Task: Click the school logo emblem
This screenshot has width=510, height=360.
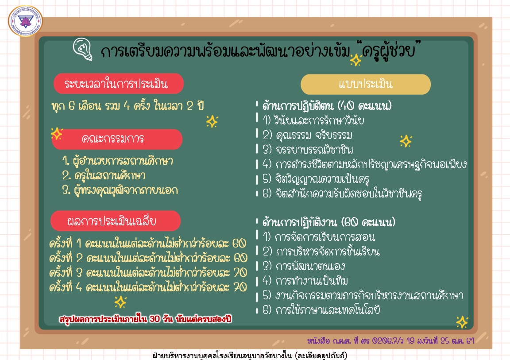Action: click(25, 21)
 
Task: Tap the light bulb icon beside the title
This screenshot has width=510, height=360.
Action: click(83, 49)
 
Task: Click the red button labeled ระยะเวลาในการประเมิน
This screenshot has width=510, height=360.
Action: click(118, 84)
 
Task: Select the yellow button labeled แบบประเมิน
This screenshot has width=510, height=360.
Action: click(366, 84)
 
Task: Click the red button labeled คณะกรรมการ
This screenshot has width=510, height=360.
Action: click(117, 139)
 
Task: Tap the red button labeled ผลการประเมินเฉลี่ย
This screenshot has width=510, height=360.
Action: click(116, 221)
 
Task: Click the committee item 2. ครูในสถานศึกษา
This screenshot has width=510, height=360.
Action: click(104, 176)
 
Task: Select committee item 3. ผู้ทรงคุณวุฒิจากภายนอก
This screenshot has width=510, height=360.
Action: click(120, 190)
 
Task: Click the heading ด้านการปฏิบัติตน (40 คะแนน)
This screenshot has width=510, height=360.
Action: click(327, 106)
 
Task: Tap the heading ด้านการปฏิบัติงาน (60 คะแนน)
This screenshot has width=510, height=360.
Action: click(328, 222)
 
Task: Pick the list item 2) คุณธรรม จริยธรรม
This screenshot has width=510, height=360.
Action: click(307, 135)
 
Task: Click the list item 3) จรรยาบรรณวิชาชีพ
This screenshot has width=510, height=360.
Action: click(308, 150)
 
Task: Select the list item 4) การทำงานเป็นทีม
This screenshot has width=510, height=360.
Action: click(305, 281)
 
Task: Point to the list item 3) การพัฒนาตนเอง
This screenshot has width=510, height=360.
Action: click(303, 266)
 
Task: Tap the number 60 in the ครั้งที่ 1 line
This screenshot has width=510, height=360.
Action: click(239, 243)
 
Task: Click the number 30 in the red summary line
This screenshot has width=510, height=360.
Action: click(155, 319)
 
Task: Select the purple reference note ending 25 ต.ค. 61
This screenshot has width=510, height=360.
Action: click(390, 341)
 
